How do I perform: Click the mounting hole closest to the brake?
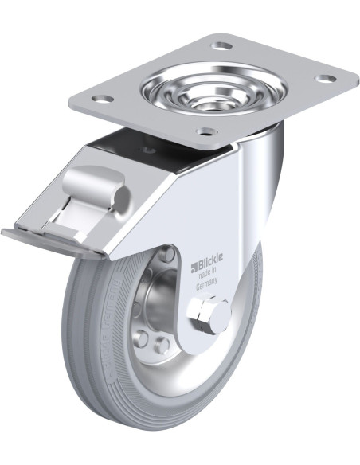tap(101, 100)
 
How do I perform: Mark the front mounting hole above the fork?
tap(207, 131)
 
